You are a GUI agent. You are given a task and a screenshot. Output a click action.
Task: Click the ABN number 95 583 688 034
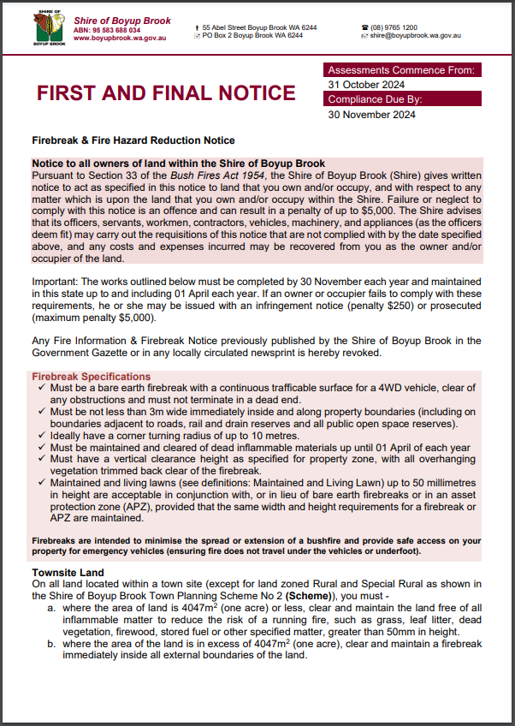tap(107, 29)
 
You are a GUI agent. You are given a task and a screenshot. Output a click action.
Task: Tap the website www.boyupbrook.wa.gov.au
tap(121, 38)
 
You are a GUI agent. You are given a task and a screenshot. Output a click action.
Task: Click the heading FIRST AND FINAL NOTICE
tap(166, 92)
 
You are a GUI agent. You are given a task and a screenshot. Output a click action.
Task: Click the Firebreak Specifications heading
tap(92, 377)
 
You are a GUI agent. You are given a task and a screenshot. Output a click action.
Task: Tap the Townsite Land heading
tap(68, 572)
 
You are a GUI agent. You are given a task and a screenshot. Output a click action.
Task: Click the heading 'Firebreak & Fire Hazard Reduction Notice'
tap(133, 140)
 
